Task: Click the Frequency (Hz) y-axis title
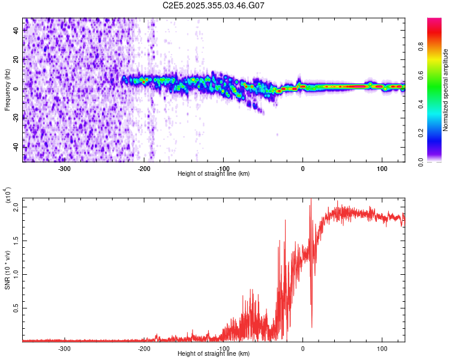coord(7,90)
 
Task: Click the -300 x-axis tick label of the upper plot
coord(65,168)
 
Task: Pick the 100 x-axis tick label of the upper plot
coord(382,168)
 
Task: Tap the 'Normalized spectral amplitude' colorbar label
coord(446,90)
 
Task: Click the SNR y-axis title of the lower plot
coord(7,268)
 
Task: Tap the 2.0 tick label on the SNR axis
coord(17,207)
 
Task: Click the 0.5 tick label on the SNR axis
coord(17,308)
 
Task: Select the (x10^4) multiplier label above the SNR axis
coord(8,196)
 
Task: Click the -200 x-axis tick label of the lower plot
coord(144,348)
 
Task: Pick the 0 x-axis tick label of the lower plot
coord(303,348)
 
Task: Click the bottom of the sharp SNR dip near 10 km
coord(311,327)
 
